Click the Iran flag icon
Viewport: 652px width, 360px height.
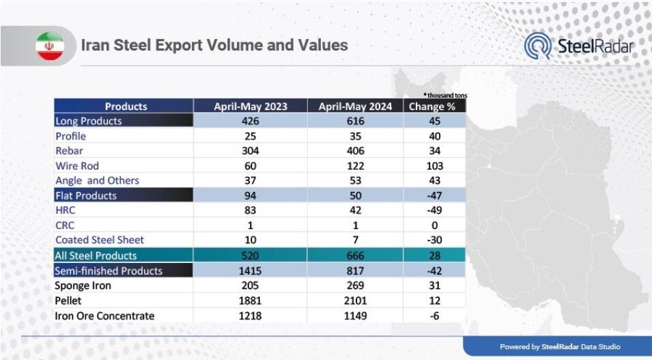tap(50, 46)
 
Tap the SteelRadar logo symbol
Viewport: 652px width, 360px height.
tap(537, 46)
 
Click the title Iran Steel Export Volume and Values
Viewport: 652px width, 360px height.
tap(214, 45)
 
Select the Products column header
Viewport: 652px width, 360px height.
tap(126, 107)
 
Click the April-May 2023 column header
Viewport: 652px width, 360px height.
tap(251, 107)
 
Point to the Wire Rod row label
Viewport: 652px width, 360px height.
tap(77, 166)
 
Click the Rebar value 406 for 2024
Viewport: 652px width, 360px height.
tap(356, 151)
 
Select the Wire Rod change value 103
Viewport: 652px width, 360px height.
tap(434, 166)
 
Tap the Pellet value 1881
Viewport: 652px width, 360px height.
tap(251, 301)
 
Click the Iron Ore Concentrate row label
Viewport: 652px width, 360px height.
tap(104, 316)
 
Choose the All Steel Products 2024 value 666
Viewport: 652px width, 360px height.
tap(356, 255)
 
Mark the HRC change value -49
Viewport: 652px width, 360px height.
tap(434, 210)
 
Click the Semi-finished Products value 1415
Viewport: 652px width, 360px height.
tap(251, 271)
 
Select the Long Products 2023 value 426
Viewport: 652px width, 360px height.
tap(251, 121)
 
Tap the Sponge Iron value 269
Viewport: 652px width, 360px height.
tap(356, 286)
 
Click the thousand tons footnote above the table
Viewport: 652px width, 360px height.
tap(445, 96)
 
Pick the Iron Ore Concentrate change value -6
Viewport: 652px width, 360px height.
tap(434, 316)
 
